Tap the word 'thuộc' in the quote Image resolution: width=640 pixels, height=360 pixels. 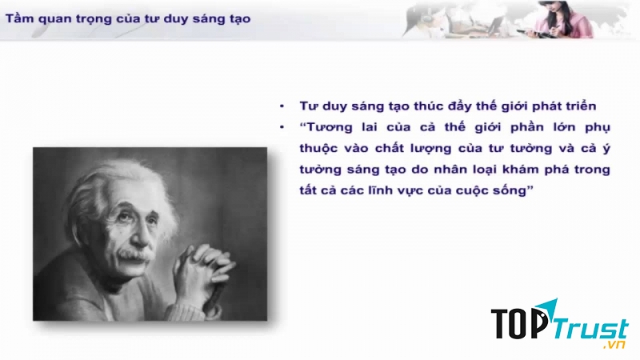point(318,149)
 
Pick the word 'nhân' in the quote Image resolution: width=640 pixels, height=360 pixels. point(450,170)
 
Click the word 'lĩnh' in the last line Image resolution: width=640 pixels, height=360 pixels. point(388,190)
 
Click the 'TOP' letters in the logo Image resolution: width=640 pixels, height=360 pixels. point(518,324)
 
